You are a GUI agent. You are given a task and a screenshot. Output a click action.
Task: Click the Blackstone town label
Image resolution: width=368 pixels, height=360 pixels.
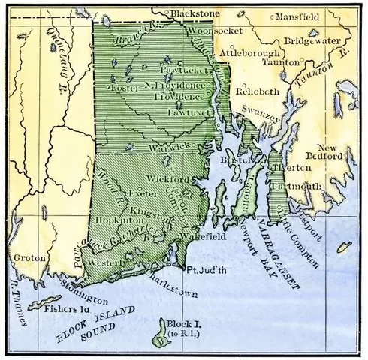coord(194,13)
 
